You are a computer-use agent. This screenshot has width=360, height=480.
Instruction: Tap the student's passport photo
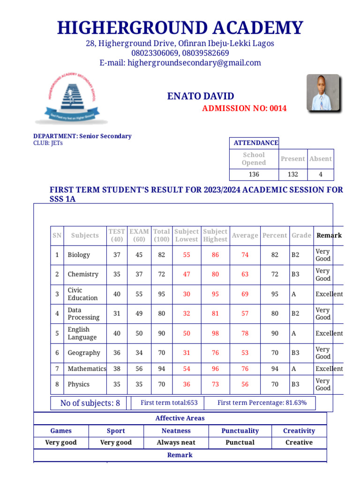click(x=322, y=92)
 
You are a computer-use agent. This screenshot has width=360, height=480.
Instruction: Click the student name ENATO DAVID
click(x=201, y=97)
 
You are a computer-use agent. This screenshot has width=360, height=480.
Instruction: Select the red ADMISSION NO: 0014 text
click(x=244, y=109)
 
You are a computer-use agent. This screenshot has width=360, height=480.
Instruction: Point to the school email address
click(x=180, y=63)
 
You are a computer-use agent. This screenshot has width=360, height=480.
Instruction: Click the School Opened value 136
click(x=254, y=174)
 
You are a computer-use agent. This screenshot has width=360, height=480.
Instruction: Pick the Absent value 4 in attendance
click(x=321, y=174)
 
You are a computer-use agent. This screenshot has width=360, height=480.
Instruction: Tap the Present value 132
click(x=292, y=174)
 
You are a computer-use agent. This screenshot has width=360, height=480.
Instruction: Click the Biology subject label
click(x=79, y=255)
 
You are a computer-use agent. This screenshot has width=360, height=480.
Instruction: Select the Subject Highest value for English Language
click(x=215, y=333)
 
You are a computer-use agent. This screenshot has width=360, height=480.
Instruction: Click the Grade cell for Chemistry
click(x=296, y=274)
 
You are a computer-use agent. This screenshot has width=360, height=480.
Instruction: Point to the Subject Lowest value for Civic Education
click(x=187, y=294)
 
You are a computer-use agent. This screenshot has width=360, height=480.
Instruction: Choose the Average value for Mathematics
click(x=245, y=369)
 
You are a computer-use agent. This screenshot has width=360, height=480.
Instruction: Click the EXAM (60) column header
click(x=139, y=235)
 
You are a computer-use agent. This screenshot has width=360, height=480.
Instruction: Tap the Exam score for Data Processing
click(x=139, y=314)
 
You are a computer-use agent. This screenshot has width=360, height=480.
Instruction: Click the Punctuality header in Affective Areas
click(x=240, y=431)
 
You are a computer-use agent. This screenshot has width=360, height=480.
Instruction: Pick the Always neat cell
click(x=176, y=442)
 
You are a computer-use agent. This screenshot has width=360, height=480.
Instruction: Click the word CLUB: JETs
click(x=48, y=143)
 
